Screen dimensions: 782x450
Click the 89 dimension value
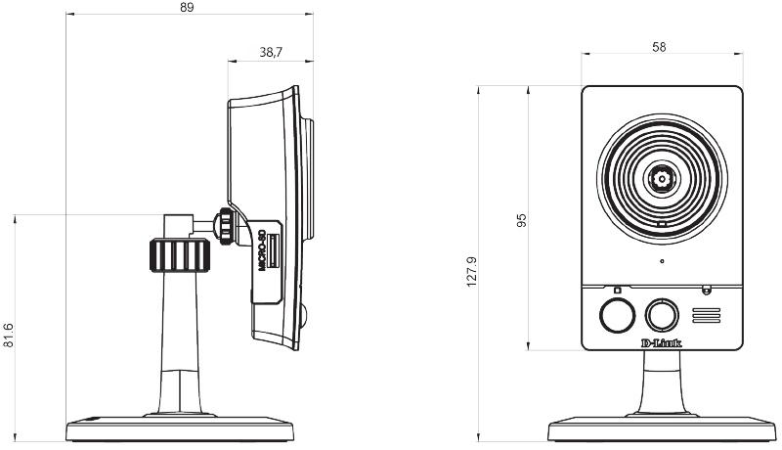[187, 7]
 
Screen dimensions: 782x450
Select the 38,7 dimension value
[271, 52]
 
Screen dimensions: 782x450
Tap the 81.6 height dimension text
[8, 336]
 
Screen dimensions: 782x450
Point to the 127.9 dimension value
[472, 271]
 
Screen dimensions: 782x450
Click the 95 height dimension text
[521, 220]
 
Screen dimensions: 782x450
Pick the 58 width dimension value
[659, 47]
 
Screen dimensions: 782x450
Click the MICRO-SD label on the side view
[261, 249]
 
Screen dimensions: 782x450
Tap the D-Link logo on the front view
[661, 342]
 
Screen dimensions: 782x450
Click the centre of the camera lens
[662, 179]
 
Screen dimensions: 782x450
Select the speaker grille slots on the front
[706, 315]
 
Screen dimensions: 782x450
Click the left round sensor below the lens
[618, 315]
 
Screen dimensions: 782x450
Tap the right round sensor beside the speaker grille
[662, 315]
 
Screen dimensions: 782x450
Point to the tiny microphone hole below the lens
[662, 261]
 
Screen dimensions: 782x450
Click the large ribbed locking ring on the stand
[180, 255]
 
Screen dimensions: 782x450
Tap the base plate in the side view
[180, 428]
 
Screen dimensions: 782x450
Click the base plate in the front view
[662, 428]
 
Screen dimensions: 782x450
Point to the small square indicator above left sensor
[618, 290]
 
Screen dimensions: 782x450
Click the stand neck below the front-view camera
[662, 382]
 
